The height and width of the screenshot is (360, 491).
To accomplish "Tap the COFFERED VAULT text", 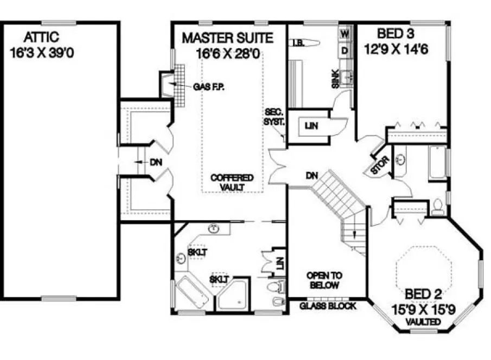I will click(x=232, y=182).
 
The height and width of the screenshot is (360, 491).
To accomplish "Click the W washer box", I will click(x=344, y=33).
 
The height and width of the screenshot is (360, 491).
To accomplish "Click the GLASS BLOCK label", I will click(x=328, y=306).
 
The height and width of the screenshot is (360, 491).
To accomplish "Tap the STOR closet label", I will click(x=378, y=166).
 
